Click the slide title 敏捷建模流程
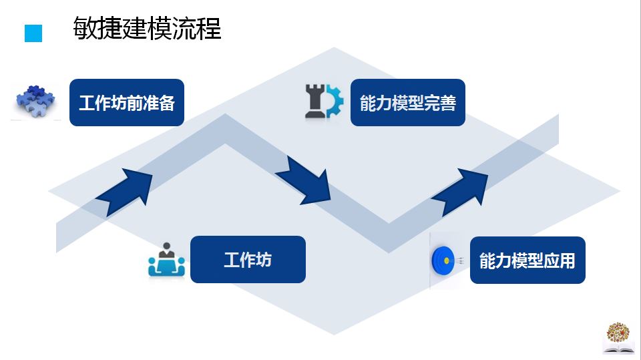tap(147, 29)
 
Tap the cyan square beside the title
tap(33, 33)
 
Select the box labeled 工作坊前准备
tap(127, 103)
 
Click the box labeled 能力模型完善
tap(407, 103)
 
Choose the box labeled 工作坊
tap(248, 259)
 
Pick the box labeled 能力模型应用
tap(527, 260)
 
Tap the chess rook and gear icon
tap(323, 102)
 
